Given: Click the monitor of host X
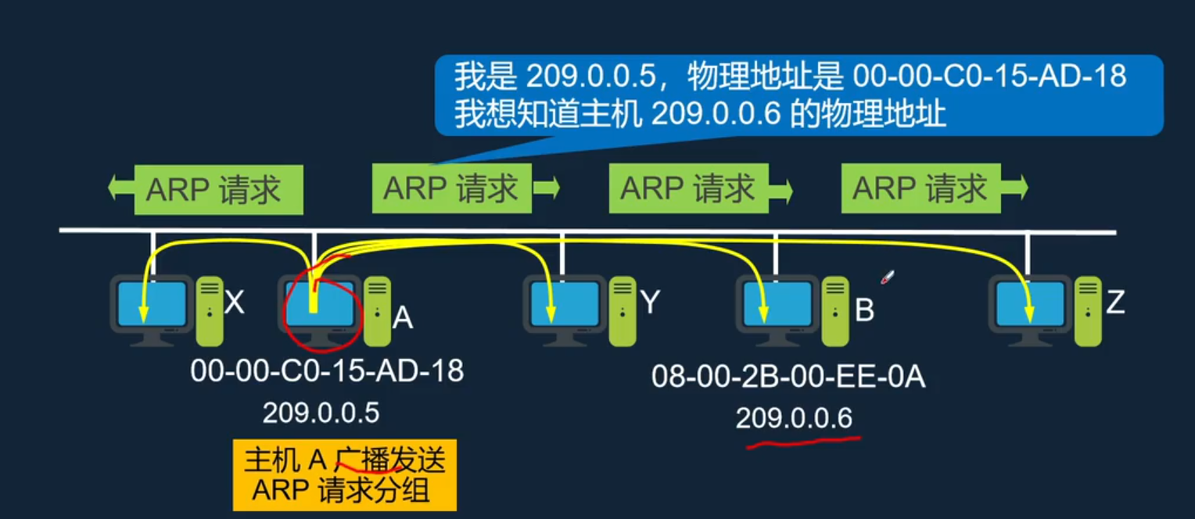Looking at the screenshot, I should tap(152, 305).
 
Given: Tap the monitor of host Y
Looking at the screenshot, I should tap(564, 305).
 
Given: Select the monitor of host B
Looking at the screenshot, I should tap(775, 305).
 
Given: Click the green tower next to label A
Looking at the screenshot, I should tap(377, 310).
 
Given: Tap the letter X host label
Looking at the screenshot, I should tap(234, 302).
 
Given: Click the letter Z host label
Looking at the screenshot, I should tap(1114, 302).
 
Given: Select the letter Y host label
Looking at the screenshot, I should tap(651, 302).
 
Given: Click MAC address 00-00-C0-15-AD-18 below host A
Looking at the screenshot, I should tap(327, 370).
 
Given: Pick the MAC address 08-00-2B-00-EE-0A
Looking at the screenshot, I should tap(788, 378).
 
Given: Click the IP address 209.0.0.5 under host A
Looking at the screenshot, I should tap(321, 412).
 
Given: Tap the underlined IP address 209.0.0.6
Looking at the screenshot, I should tap(793, 419).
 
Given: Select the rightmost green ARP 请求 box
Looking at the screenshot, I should tap(920, 188).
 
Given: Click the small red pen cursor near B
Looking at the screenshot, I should tap(887, 277).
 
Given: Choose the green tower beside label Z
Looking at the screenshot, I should tap(1087, 310).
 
